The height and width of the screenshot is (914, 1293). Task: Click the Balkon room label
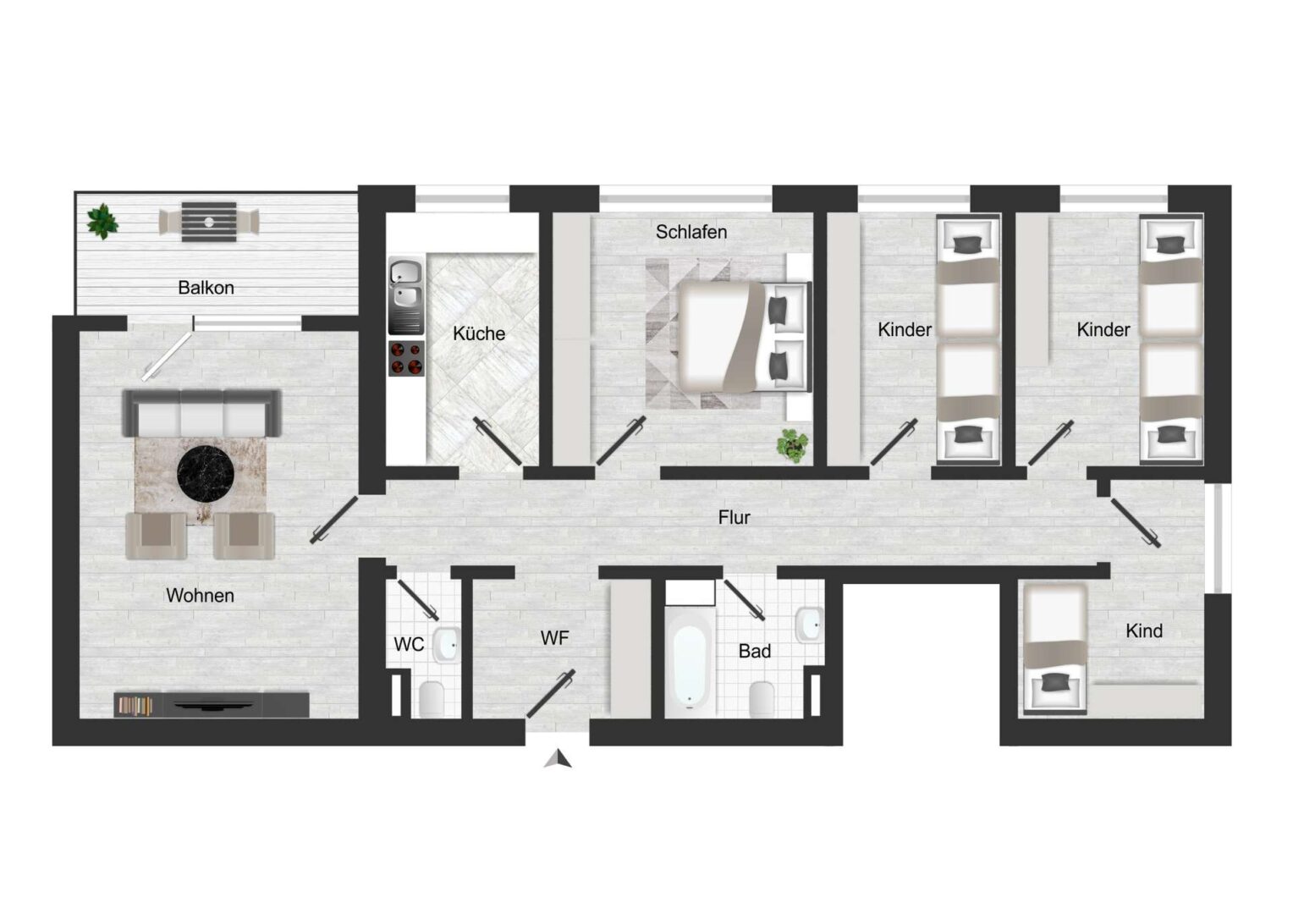point(206,288)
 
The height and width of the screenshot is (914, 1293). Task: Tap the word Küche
point(478,333)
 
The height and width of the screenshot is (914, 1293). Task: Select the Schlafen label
point(691,232)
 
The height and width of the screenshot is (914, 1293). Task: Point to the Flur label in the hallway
point(735,517)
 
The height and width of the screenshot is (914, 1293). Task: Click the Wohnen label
point(201,595)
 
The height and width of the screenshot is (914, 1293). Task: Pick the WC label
point(409,644)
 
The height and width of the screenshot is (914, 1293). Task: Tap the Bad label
point(755,652)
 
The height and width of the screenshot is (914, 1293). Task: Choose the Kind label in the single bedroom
point(1144,631)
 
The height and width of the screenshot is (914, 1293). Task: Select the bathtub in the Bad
point(689,663)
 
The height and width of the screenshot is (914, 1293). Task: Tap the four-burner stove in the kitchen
point(406,359)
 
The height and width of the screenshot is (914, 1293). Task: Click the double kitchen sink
point(406,295)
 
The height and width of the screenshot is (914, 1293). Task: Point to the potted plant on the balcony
point(102,221)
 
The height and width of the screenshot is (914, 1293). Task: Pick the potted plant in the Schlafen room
point(793,445)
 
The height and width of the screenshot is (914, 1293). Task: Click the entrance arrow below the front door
point(558,758)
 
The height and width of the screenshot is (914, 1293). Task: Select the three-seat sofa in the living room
point(201,413)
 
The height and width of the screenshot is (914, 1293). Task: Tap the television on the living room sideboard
point(213,705)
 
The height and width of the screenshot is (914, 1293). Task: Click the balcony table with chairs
point(209,222)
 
